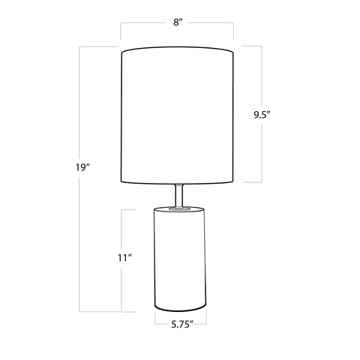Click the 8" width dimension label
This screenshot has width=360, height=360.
(x=177, y=22)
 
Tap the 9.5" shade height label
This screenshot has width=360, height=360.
(x=261, y=115)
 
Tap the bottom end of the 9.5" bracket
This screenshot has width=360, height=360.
(x=260, y=181)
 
